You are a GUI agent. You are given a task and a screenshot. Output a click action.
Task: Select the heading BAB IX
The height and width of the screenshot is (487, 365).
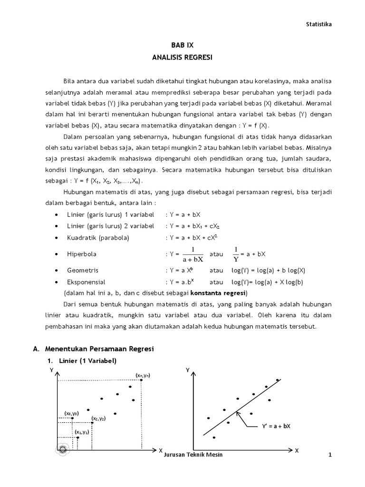pos(182,45)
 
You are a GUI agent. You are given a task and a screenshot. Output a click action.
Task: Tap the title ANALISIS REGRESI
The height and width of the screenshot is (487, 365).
pos(182,57)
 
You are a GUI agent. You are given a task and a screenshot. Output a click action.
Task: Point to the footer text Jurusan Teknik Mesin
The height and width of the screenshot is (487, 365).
pos(192,455)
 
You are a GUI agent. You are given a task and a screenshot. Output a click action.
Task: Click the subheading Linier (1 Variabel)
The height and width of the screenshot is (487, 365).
pos(87,360)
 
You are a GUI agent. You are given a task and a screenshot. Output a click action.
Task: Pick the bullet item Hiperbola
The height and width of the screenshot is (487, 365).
pos(81,254)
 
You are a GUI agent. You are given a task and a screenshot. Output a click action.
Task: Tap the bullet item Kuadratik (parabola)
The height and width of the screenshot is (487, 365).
pos(98,237)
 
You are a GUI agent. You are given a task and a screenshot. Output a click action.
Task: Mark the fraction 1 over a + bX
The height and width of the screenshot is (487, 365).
pos(193,254)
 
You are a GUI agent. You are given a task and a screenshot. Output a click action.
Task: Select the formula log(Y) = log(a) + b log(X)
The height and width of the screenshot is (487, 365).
pos(268,270)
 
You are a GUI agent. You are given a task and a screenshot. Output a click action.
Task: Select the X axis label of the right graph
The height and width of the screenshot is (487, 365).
pos(297,450)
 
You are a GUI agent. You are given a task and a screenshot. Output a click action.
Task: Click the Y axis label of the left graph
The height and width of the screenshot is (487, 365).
pos(51,369)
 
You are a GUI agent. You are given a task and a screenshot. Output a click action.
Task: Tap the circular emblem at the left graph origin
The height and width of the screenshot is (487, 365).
pos(62,449)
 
